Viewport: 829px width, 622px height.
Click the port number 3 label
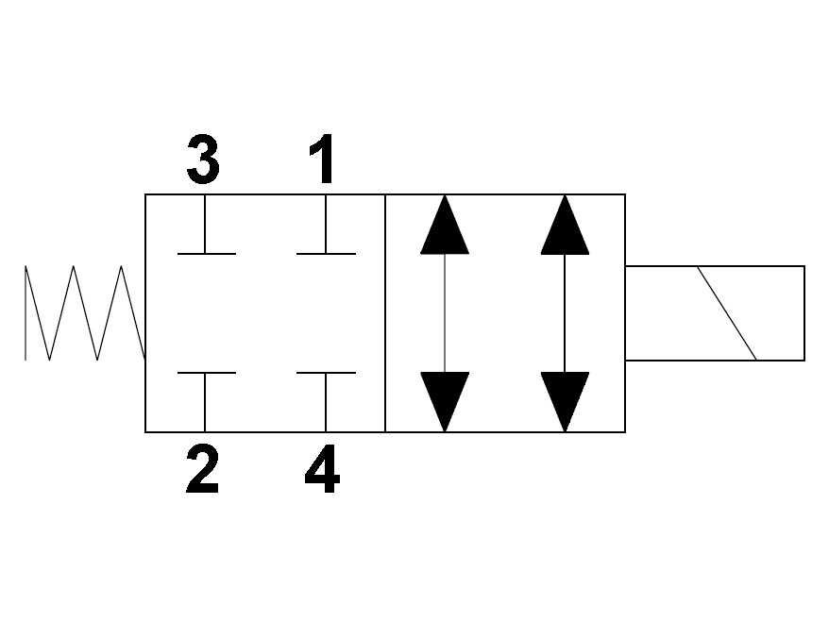click(203, 160)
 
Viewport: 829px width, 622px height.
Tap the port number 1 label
click(322, 159)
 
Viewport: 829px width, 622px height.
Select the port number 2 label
click(202, 469)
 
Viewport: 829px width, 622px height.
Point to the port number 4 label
click(323, 469)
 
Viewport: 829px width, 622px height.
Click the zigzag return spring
click(85, 312)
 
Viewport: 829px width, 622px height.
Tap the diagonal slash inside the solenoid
click(727, 312)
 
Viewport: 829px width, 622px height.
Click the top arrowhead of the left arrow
click(445, 225)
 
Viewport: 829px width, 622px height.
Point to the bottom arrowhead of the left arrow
click(445, 402)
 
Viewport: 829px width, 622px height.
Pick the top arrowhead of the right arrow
click(565, 225)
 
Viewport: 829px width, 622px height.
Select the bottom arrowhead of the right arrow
click(565, 402)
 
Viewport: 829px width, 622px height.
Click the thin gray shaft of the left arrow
click(445, 312)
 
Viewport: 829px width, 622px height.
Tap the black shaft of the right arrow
click(565, 312)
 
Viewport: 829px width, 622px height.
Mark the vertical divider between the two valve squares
click(385, 312)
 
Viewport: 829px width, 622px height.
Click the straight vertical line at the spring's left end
click(25, 312)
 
